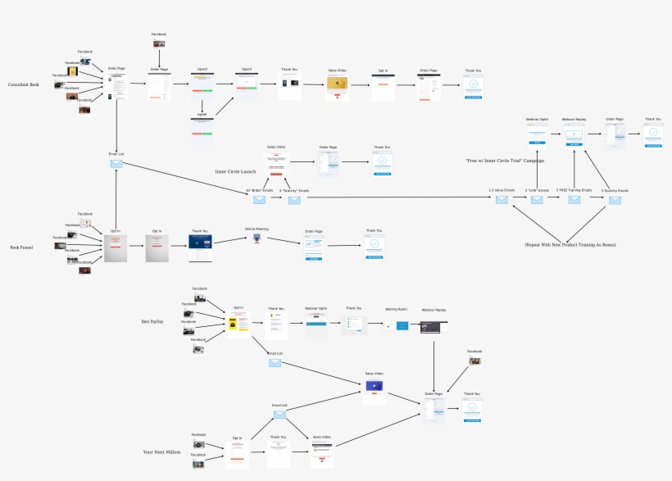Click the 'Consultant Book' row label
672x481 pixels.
tap(23, 85)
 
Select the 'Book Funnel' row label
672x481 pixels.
tap(21, 247)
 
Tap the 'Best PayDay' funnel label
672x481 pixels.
tap(152, 322)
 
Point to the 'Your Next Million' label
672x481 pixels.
tap(161, 452)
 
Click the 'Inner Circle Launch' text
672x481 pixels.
tap(235, 171)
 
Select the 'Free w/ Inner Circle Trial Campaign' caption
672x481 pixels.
tap(504, 161)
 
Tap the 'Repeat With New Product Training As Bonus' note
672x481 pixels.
tap(570, 245)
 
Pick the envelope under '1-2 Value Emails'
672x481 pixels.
tap(502, 200)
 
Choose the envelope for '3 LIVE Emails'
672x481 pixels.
tap(537, 200)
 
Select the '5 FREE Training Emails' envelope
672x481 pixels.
tap(574, 200)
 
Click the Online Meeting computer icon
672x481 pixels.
tap(257, 238)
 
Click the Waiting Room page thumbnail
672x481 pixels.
tap(402, 325)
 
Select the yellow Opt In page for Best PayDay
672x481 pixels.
tap(238, 325)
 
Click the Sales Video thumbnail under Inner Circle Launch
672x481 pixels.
tap(276, 163)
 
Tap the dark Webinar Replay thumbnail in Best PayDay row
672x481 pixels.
tap(434, 326)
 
